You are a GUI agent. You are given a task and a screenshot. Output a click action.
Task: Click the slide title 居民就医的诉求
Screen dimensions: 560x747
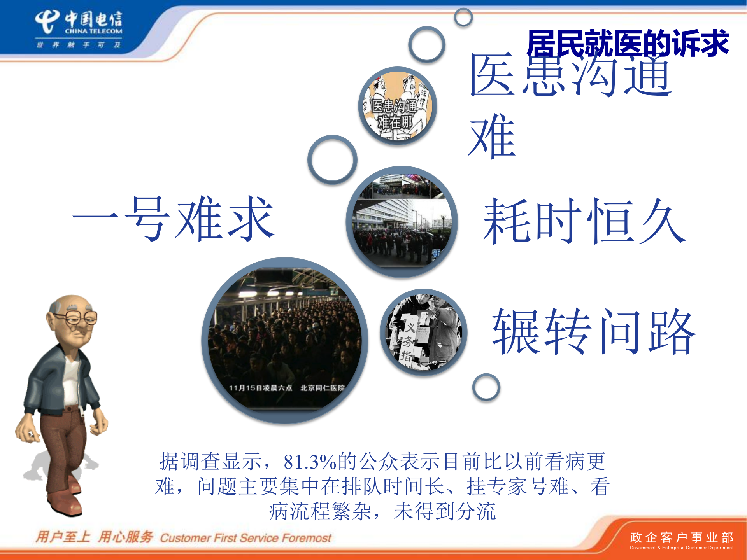pos(627,44)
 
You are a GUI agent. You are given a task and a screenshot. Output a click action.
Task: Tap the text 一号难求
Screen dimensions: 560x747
pos(174,219)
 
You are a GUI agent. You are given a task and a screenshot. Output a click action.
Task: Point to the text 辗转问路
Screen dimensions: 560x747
pos(593,331)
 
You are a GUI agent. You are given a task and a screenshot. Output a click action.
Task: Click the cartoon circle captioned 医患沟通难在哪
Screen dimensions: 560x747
pos(397,106)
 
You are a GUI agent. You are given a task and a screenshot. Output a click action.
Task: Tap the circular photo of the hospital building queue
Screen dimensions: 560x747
pos(402,222)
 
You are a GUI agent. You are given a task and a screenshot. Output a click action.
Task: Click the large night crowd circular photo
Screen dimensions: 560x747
pos(285,340)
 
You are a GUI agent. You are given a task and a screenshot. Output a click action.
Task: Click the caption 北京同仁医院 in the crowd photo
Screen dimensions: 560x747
pos(322,388)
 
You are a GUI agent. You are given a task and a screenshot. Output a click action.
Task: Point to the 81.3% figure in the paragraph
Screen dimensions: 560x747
pos(310,462)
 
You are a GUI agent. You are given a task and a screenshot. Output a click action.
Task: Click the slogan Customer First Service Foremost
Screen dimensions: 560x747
pos(245,538)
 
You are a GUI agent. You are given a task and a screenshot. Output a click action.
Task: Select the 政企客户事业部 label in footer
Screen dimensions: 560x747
pos(681,537)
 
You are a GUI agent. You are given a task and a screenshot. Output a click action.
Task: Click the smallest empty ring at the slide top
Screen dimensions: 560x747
pos(463,17)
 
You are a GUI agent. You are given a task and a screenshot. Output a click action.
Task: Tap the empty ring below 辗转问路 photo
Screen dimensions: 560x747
pos(486,387)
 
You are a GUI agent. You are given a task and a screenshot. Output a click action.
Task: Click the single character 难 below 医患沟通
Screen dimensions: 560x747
pos(492,136)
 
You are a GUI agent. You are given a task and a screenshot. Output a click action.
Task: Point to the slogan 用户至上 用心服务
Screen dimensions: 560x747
pos(94,537)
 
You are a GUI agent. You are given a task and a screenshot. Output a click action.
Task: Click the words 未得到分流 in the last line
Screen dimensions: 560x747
pos(445,511)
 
